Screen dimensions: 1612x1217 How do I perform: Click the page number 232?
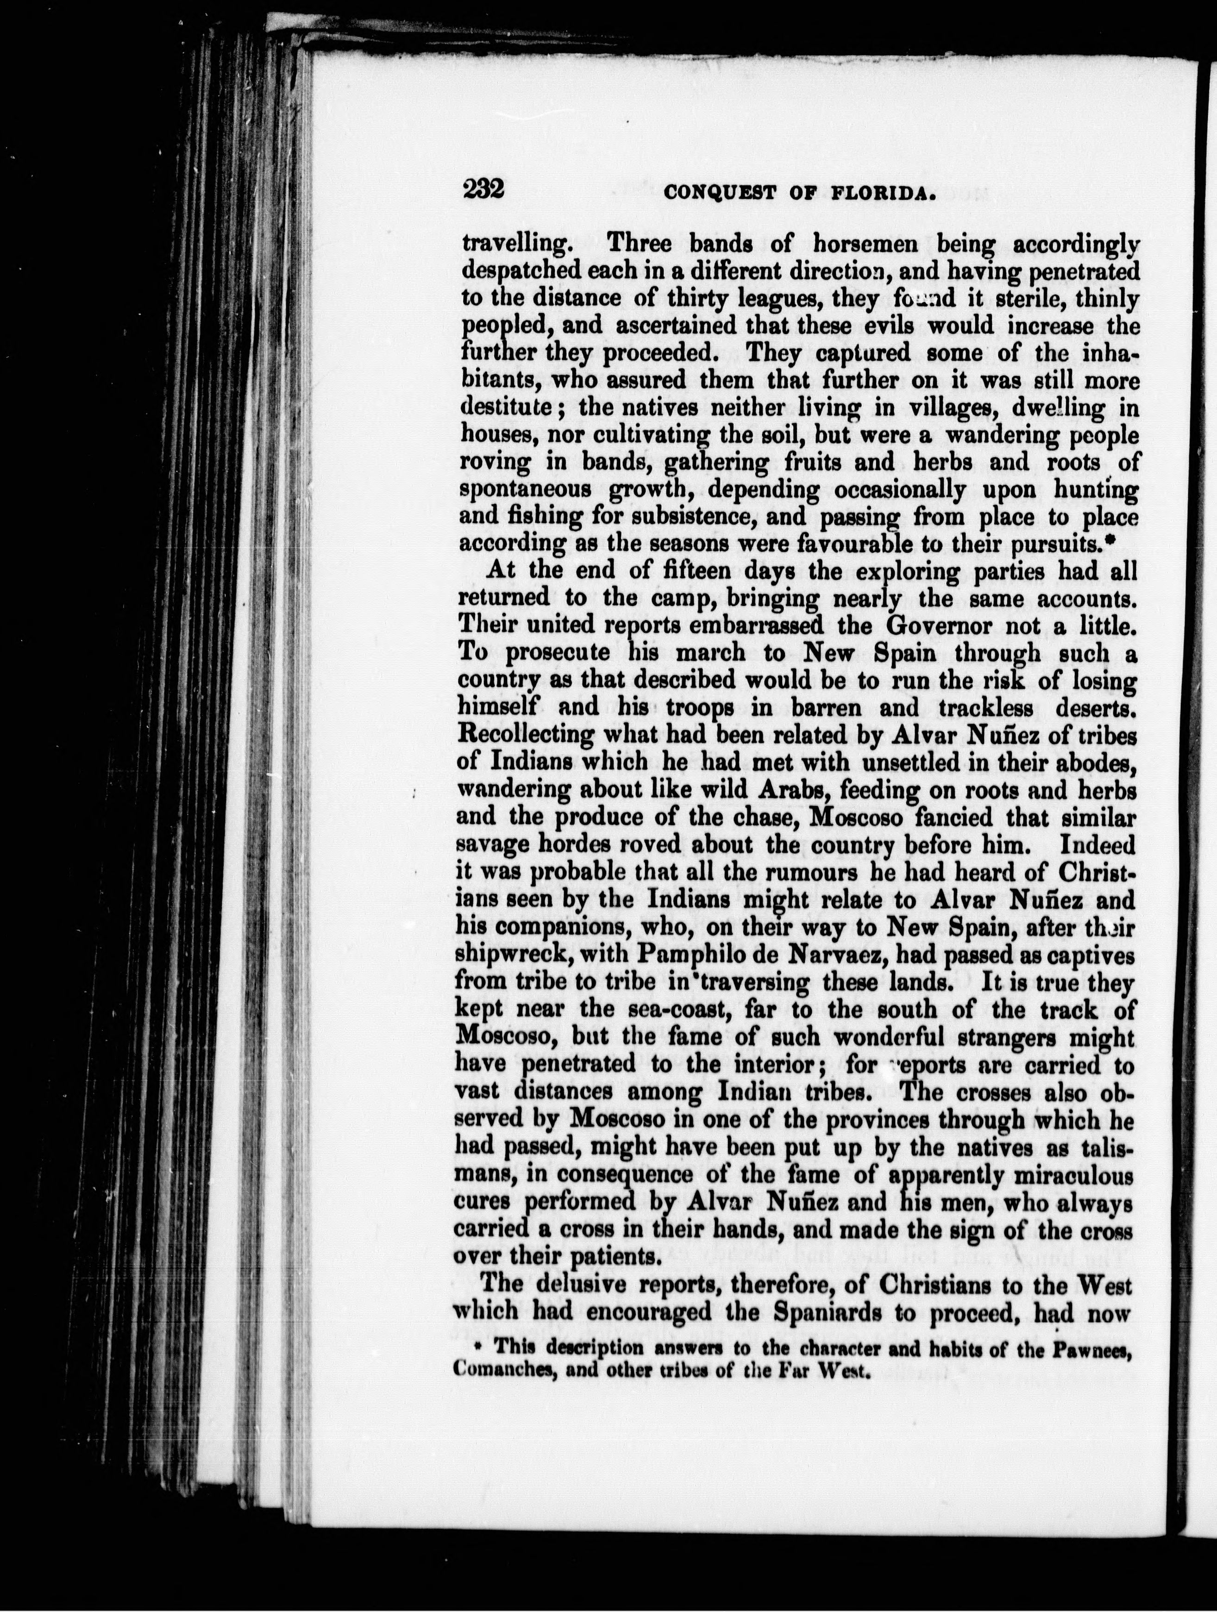coord(484,190)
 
